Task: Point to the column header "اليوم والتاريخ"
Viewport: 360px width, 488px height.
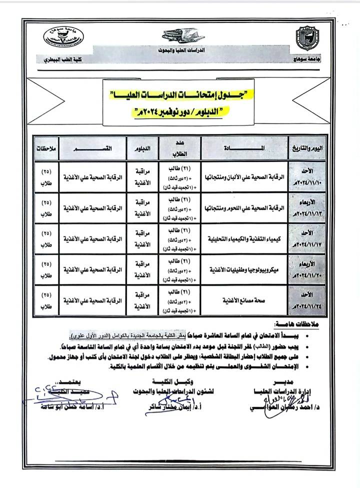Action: click(x=305, y=148)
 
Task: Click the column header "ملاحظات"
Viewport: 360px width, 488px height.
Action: click(x=46, y=148)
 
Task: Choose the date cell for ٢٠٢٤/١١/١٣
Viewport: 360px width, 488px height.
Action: click(x=305, y=206)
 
